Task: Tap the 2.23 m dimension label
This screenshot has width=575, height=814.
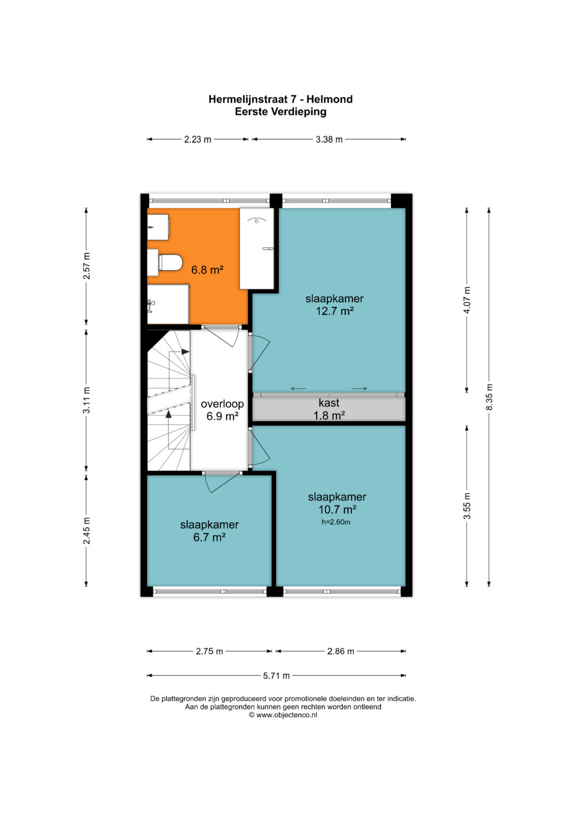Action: click(198, 139)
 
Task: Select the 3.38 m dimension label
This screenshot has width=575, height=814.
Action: click(329, 139)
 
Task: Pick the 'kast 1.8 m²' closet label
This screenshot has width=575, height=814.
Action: click(329, 409)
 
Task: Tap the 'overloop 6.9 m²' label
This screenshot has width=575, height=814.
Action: click(222, 410)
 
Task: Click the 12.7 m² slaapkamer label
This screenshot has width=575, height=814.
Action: click(334, 304)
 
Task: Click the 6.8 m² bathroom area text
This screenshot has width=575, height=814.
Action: click(207, 270)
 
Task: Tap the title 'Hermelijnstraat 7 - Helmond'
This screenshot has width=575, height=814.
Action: click(280, 99)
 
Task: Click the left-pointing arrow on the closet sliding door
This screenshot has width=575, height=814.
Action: click(298, 389)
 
